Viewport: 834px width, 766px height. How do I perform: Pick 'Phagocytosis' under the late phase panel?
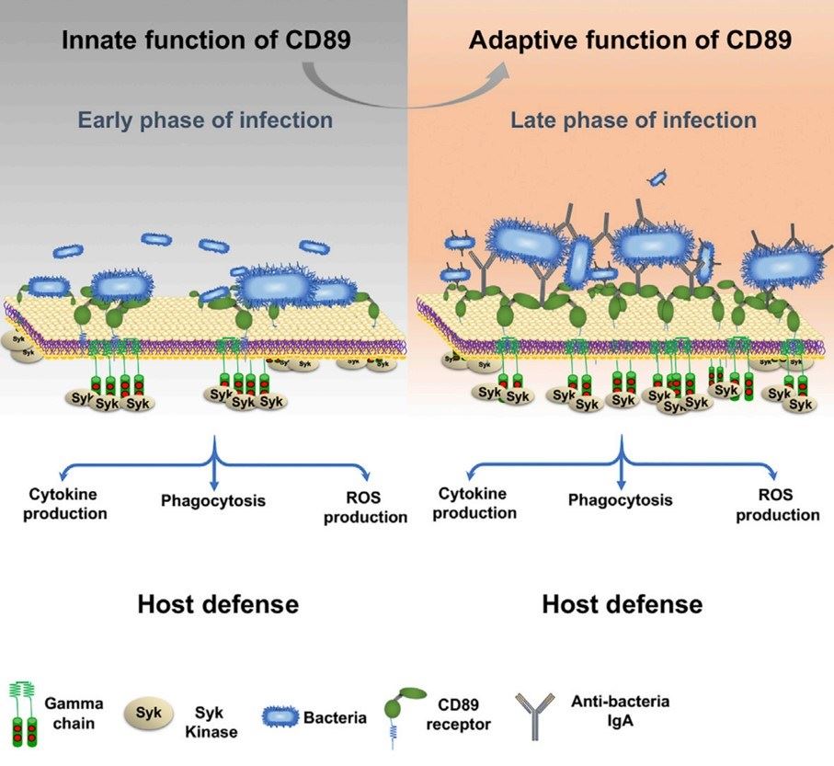[620, 500]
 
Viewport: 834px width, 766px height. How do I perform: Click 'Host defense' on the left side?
[217, 604]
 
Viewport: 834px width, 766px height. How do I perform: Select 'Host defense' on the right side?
[623, 604]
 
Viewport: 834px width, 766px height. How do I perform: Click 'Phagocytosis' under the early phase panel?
[213, 501]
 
